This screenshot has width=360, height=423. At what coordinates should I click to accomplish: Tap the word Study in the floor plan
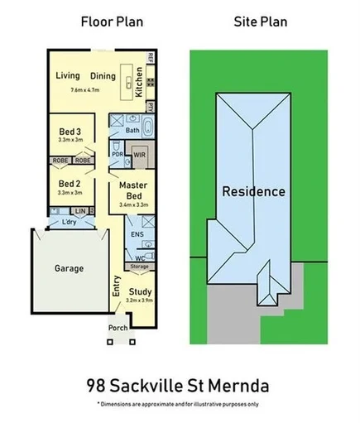(x=141, y=291)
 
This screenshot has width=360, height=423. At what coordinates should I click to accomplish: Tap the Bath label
(x=132, y=131)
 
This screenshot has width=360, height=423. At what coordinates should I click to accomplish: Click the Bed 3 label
(x=69, y=132)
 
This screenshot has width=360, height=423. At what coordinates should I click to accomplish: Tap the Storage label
(x=139, y=267)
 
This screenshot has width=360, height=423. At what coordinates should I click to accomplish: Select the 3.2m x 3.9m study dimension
(x=141, y=302)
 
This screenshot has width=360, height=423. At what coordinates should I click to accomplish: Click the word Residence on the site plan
(x=254, y=191)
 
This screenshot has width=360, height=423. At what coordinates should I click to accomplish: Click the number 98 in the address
(x=99, y=386)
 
